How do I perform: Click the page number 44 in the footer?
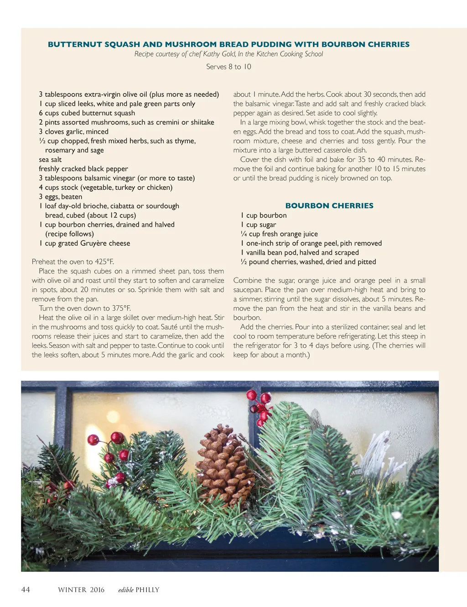(x=26, y=590)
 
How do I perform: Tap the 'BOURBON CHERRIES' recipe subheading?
(x=329, y=206)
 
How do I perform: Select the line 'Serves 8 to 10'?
(x=228, y=67)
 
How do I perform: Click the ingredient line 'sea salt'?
(x=50, y=160)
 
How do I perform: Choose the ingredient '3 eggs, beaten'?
(x=61, y=197)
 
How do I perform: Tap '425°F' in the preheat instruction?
(x=104, y=262)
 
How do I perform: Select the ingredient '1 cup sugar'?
(x=259, y=225)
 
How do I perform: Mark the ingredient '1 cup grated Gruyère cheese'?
(x=85, y=243)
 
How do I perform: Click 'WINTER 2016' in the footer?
(x=81, y=590)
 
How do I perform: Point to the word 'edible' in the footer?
(x=126, y=590)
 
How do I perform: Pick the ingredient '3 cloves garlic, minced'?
(x=74, y=131)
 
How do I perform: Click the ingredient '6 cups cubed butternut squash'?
(x=87, y=113)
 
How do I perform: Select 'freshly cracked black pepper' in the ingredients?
(x=83, y=169)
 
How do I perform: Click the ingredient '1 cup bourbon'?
(x=264, y=215)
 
